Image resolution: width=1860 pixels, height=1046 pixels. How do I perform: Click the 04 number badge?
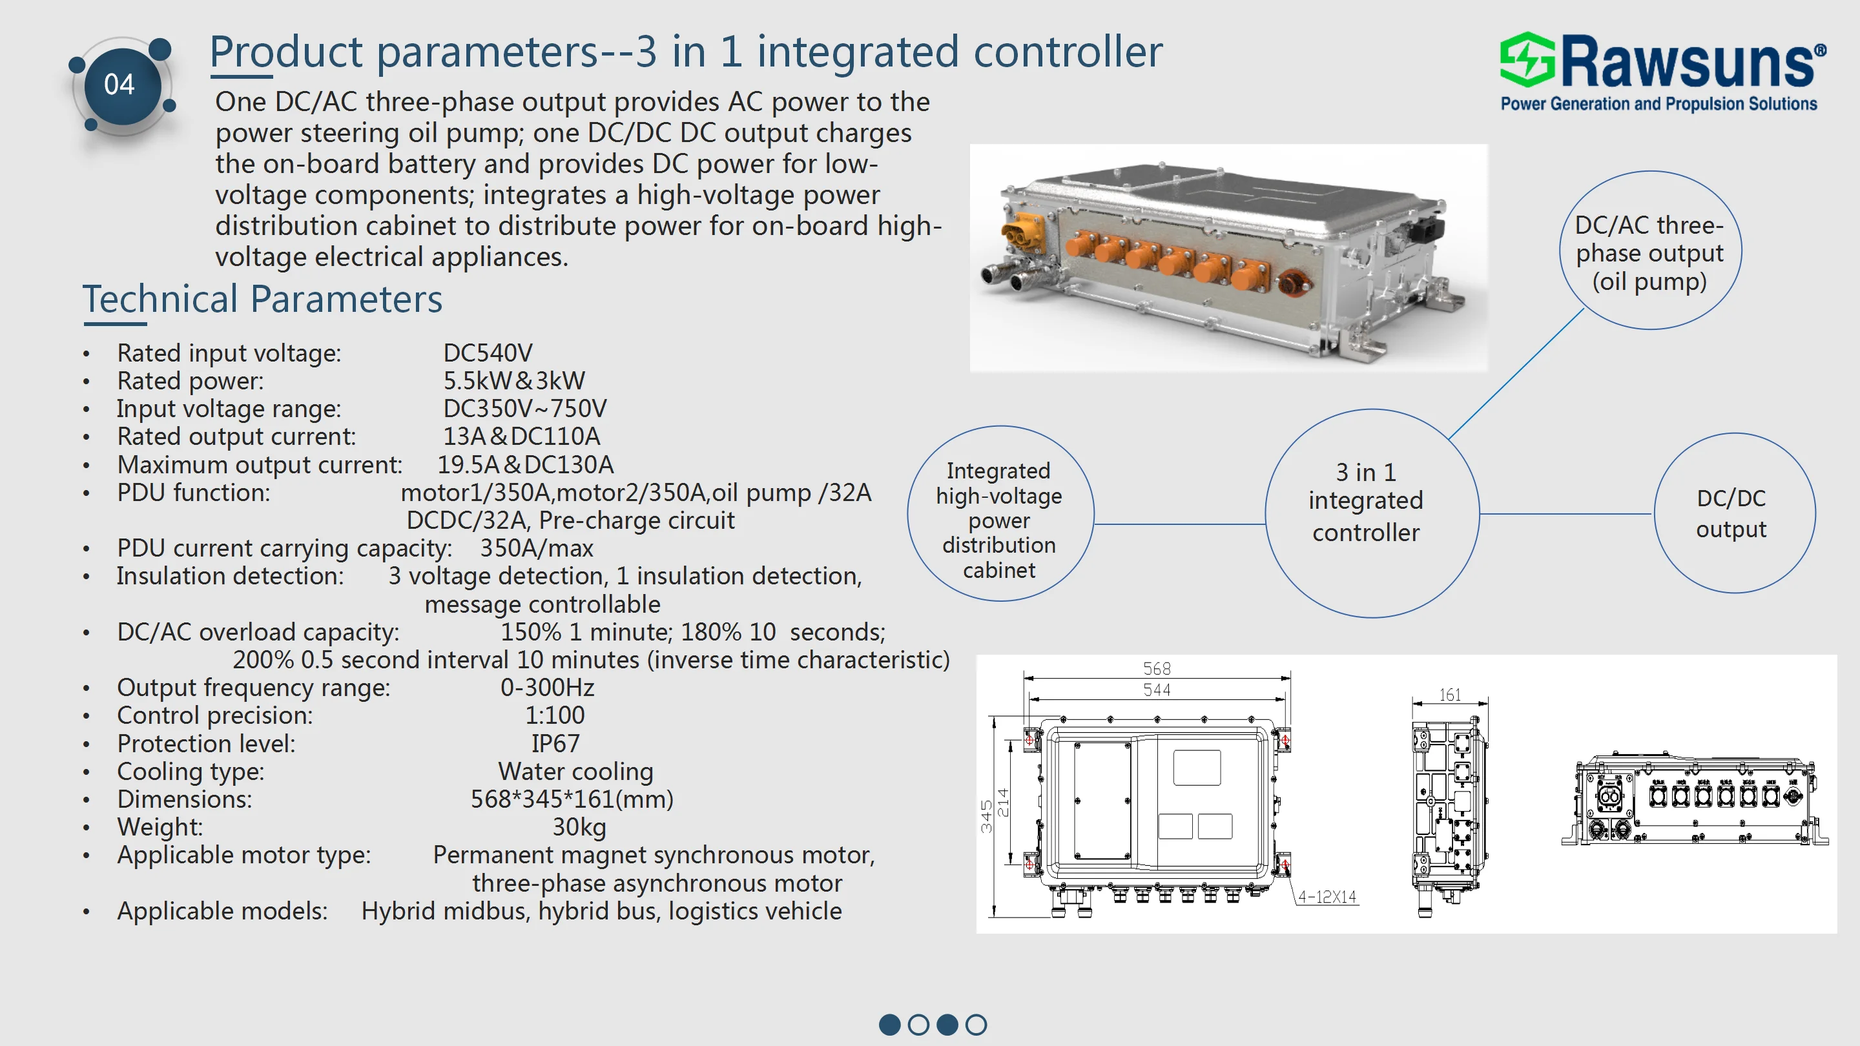coord(120,85)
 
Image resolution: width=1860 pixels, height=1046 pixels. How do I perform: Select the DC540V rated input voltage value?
coord(488,353)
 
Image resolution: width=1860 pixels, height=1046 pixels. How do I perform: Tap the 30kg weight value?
coord(579,826)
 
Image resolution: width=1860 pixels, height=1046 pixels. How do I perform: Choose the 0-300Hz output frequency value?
coord(546,687)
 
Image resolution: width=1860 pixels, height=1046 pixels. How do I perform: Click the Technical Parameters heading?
coord(262,299)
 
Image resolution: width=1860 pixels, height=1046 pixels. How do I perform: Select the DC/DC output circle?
coord(1733,513)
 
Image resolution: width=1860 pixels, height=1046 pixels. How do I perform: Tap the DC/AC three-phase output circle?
coord(1649,252)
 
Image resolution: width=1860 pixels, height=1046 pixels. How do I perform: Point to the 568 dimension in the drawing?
coord(1156,668)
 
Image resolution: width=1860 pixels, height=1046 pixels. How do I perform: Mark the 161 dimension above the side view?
coord(1449,695)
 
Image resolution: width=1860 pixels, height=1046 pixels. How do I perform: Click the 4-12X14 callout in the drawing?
coord(1327,897)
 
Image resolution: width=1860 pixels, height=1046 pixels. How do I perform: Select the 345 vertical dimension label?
coord(986,816)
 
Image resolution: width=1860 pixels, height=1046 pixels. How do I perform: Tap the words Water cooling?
coord(575,771)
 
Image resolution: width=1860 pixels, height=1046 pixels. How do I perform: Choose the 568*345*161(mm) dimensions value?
coord(571,799)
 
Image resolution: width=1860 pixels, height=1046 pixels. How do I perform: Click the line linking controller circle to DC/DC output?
coord(1565,514)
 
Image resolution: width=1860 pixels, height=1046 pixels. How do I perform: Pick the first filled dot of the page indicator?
coord(889,1024)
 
